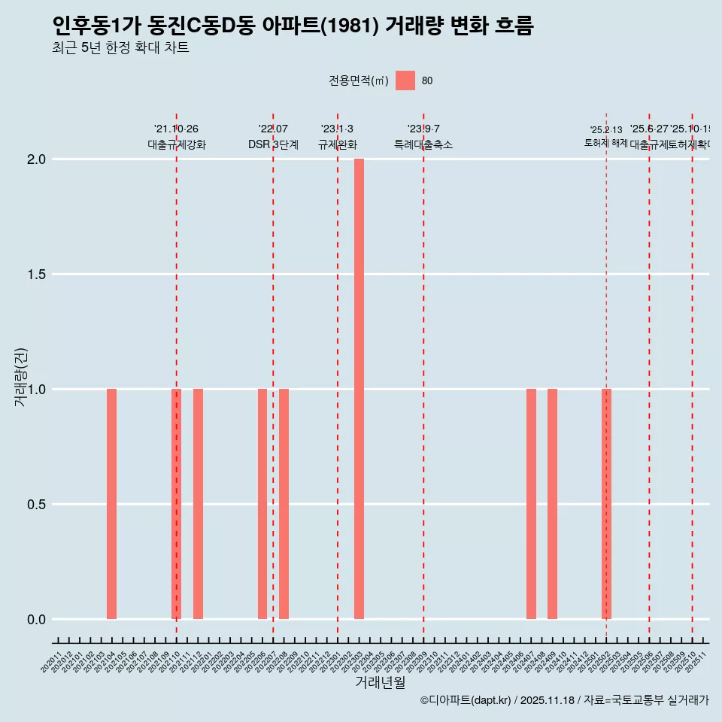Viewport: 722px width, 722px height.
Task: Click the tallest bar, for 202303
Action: click(x=359, y=389)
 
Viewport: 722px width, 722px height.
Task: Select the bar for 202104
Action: click(x=111, y=504)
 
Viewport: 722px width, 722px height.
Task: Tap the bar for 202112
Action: click(x=198, y=504)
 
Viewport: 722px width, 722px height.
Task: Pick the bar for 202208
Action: click(x=284, y=504)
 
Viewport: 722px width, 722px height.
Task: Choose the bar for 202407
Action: click(x=531, y=504)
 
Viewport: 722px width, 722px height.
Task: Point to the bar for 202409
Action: click(x=552, y=504)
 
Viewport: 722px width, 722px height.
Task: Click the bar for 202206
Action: click(x=262, y=504)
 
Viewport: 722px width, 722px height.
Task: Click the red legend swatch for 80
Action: click(x=405, y=80)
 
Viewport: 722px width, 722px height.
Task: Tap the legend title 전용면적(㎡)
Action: click(x=358, y=81)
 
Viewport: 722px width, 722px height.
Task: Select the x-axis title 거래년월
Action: click(x=380, y=682)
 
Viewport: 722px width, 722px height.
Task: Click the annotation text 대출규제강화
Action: click(x=176, y=145)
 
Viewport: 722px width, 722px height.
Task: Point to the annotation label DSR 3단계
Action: click(x=273, y=145)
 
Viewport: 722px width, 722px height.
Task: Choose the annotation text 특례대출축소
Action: click(x=423, y=145)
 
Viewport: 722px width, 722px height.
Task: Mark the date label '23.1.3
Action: click(x=337, y=129)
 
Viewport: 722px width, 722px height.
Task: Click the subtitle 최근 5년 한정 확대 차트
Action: click(x=120, y=48)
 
